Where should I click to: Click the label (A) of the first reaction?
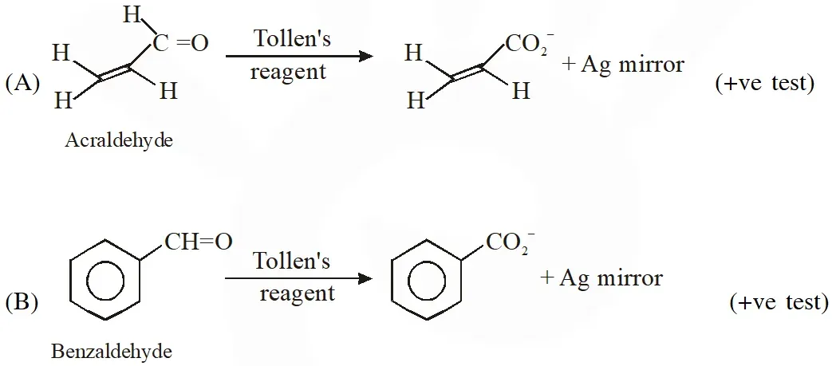point(23,83)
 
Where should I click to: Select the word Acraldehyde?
point(120,140)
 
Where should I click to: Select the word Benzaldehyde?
point(112,351)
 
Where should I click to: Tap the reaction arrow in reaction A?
point(300,56)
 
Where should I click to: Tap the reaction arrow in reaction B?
point(299,278)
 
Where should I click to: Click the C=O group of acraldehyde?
point(181,44)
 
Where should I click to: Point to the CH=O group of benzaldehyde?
point(199,242)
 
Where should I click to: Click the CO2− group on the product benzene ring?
point(510,243)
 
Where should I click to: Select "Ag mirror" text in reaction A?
point(633,65)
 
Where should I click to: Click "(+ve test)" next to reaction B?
point(779,302)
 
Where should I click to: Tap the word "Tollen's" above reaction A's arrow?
point(292,39)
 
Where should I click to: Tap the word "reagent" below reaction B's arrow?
point(297,293)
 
